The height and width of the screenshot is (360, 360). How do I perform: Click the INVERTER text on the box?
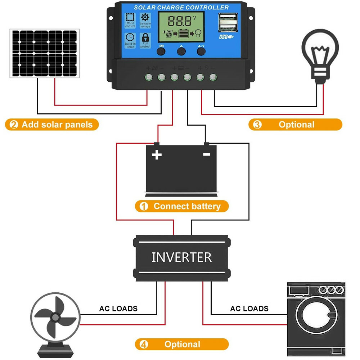click(181, 257)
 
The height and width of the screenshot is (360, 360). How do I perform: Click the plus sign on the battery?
click(157, 155)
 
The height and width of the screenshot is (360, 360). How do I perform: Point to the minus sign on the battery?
click(206, 154)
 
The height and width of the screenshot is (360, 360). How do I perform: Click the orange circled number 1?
click(143, 207)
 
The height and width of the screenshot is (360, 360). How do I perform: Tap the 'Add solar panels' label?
click(57, 125)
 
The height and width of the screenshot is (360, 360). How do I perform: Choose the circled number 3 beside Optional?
click(257, 125)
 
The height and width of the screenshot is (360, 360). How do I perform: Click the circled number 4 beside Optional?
click(144, 344)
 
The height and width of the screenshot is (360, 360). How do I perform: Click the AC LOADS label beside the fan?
click(118, 309)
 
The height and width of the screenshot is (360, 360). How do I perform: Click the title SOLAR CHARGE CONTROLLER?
click(181, 7)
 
